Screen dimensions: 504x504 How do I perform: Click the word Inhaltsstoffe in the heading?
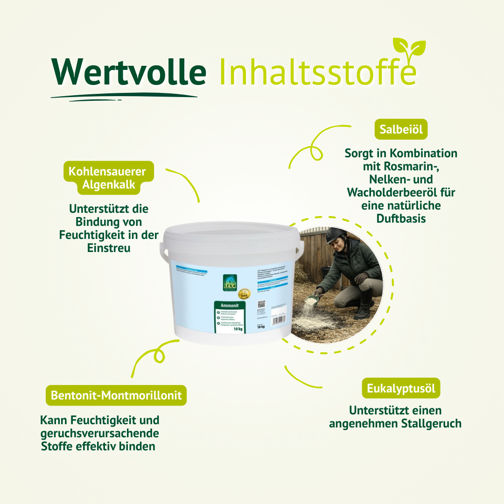click(x=317, y=72)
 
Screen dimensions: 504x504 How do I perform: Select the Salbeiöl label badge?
click(x=401, y=129)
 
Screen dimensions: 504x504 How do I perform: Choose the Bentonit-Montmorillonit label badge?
click(x=116, y=395)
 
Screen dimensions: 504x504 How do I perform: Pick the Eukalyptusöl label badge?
click(x=401, y=388)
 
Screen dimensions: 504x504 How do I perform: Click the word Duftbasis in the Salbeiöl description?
click(x=401, y=218)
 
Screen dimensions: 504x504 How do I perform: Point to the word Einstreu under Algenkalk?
click(x=109, y=248)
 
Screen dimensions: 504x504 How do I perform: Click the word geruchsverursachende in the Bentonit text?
click(x=100, y=433)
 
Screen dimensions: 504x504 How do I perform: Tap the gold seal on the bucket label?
click(x=245, y=294)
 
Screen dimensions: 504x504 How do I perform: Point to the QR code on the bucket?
click(x=261, y=304)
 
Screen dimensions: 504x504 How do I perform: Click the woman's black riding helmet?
click(x=335, y=235)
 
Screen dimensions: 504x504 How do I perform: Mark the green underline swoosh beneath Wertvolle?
click(x=124, y=96)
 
